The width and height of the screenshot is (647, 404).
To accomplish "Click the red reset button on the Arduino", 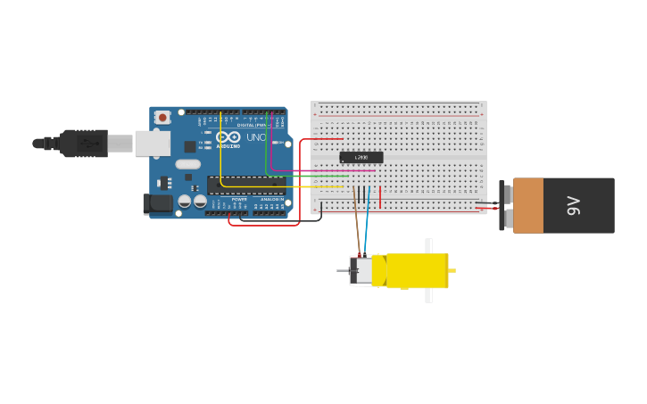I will pyautogui.click(x=162, y=117).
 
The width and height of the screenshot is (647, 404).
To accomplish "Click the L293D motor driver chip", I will pyautogui.click(x=361, y=158).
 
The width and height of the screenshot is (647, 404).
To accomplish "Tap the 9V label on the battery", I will pyautogui.click(x=574, y=206).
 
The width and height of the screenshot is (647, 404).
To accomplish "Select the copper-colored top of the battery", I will pyautogui.click(x=527, y=206).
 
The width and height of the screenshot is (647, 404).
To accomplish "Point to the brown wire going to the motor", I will pyautogui.click(x=357, y=223).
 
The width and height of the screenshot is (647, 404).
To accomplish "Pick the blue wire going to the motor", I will pyautogui.click(x=366, y=227).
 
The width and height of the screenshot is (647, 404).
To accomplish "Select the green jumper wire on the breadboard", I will pyautogui.click(x=321, y=176).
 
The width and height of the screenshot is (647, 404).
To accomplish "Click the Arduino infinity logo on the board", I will pyautogui.click(x=228, y=137).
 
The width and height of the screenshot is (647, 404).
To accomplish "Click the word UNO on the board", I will pyautogui.click(x=255, y=137).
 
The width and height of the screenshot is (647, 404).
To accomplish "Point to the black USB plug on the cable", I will pyautogui.click(x=85, y=143).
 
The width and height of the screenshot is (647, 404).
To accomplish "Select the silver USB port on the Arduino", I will pyautogui.click(x=153, y=143).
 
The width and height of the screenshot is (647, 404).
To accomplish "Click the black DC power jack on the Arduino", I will pyautogui.click(x=158, y=204).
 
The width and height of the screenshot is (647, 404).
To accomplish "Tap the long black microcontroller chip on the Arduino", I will pyautogui.click(x=246, y=185).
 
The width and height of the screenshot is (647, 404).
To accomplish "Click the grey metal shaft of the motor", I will pyautogui.click(x=343, y=270).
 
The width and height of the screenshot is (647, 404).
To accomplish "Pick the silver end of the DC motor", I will pyautogui.click(x=361, y=270).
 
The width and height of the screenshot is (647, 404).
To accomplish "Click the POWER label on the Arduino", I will pyautogui.click(x=239, y=200).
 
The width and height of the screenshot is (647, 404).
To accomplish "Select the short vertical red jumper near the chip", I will pyautogui.click(x=380, y=198).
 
